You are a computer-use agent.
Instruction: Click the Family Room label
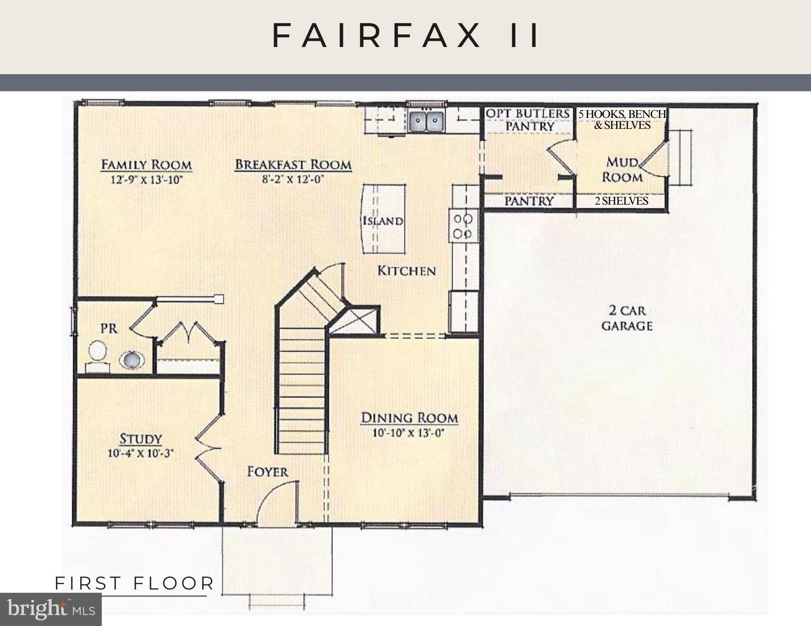point(146,165)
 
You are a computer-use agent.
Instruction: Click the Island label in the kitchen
point(383,221)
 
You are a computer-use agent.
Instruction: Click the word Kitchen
point(407,271)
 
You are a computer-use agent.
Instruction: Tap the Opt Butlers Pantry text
point(528,120)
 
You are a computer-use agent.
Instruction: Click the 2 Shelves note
point(621,201)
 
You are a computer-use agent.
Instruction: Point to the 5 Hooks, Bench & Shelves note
point(622,120)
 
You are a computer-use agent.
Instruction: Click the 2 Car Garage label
point(627,318)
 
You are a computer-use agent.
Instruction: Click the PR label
point(109,328)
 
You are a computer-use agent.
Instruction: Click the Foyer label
point(268,472)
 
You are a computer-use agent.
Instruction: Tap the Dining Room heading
point(409,418)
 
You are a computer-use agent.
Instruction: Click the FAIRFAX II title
point(405,36)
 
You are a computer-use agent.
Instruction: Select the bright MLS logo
point(51,609)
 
